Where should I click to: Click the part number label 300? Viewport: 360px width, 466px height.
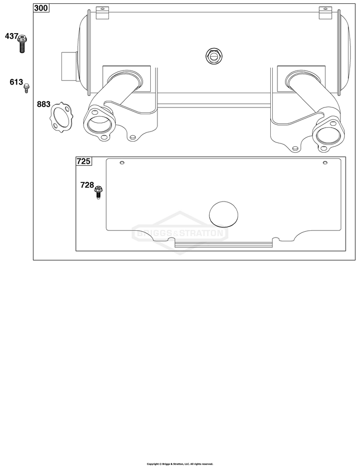(41, 8)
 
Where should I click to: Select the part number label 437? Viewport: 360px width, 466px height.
(12, 36)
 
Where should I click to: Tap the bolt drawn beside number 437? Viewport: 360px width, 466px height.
(22, 44)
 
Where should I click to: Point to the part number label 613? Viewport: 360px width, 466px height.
(16, 82)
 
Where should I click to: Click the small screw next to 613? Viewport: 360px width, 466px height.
(26, 88)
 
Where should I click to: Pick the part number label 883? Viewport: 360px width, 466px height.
(44, 104)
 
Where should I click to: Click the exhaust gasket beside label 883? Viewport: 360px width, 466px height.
(61, 117)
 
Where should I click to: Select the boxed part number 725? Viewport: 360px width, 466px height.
(84, 161)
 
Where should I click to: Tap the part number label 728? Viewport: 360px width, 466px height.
(87, 185)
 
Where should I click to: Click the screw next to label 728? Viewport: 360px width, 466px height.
(98, 192)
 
